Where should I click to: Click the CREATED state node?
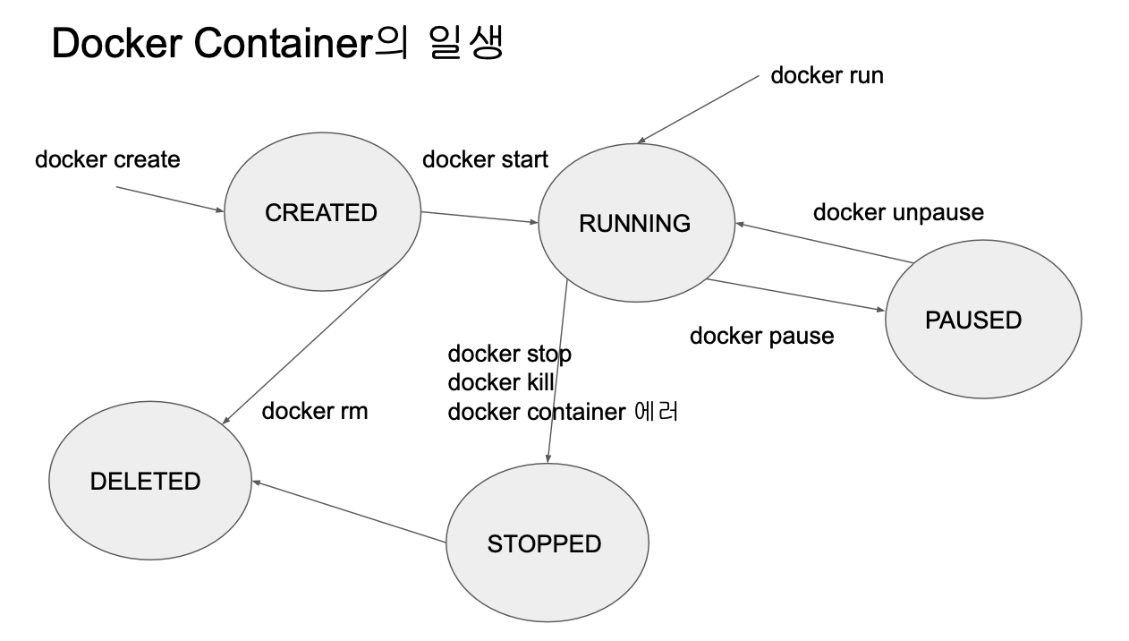point(322,212)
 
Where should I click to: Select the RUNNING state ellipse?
point(635,223)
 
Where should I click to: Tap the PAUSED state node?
point(982,320)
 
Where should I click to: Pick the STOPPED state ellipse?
point(546,543)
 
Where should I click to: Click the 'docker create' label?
point(107,159)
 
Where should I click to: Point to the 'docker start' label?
point(485,159)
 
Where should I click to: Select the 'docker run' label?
point(827,75)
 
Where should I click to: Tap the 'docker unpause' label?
point(898,212)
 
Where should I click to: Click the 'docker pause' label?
point(761,336)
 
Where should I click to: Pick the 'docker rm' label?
point(314,411)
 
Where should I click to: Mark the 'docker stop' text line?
point(509,354)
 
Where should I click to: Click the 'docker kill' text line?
point(501,382)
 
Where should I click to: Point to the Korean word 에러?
point(656,412)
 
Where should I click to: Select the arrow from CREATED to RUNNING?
point(479,218)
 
